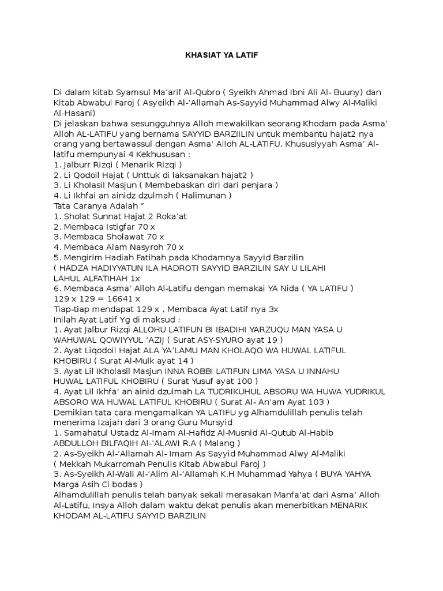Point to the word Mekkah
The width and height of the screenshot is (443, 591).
[73, 463]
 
